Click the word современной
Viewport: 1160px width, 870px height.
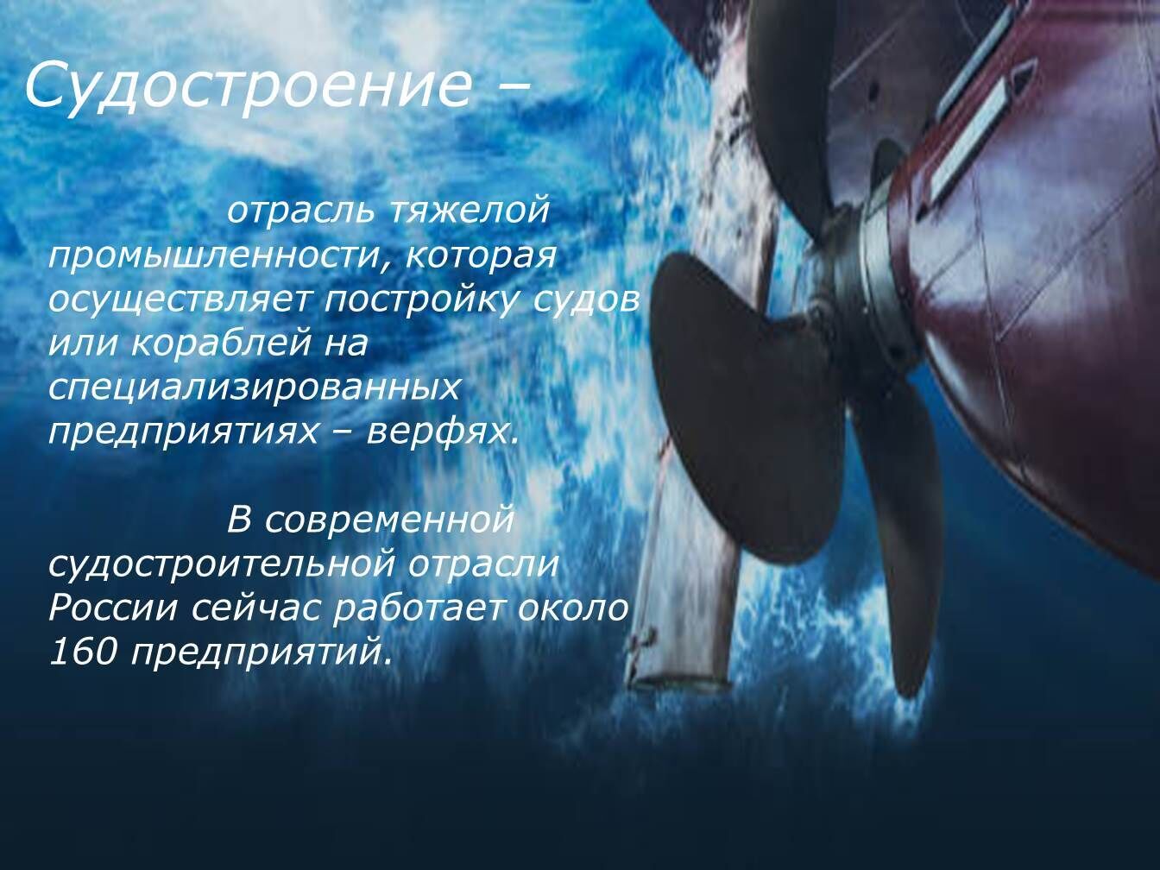tap(388, 520)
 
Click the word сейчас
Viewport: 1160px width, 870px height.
tap(255, 609)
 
